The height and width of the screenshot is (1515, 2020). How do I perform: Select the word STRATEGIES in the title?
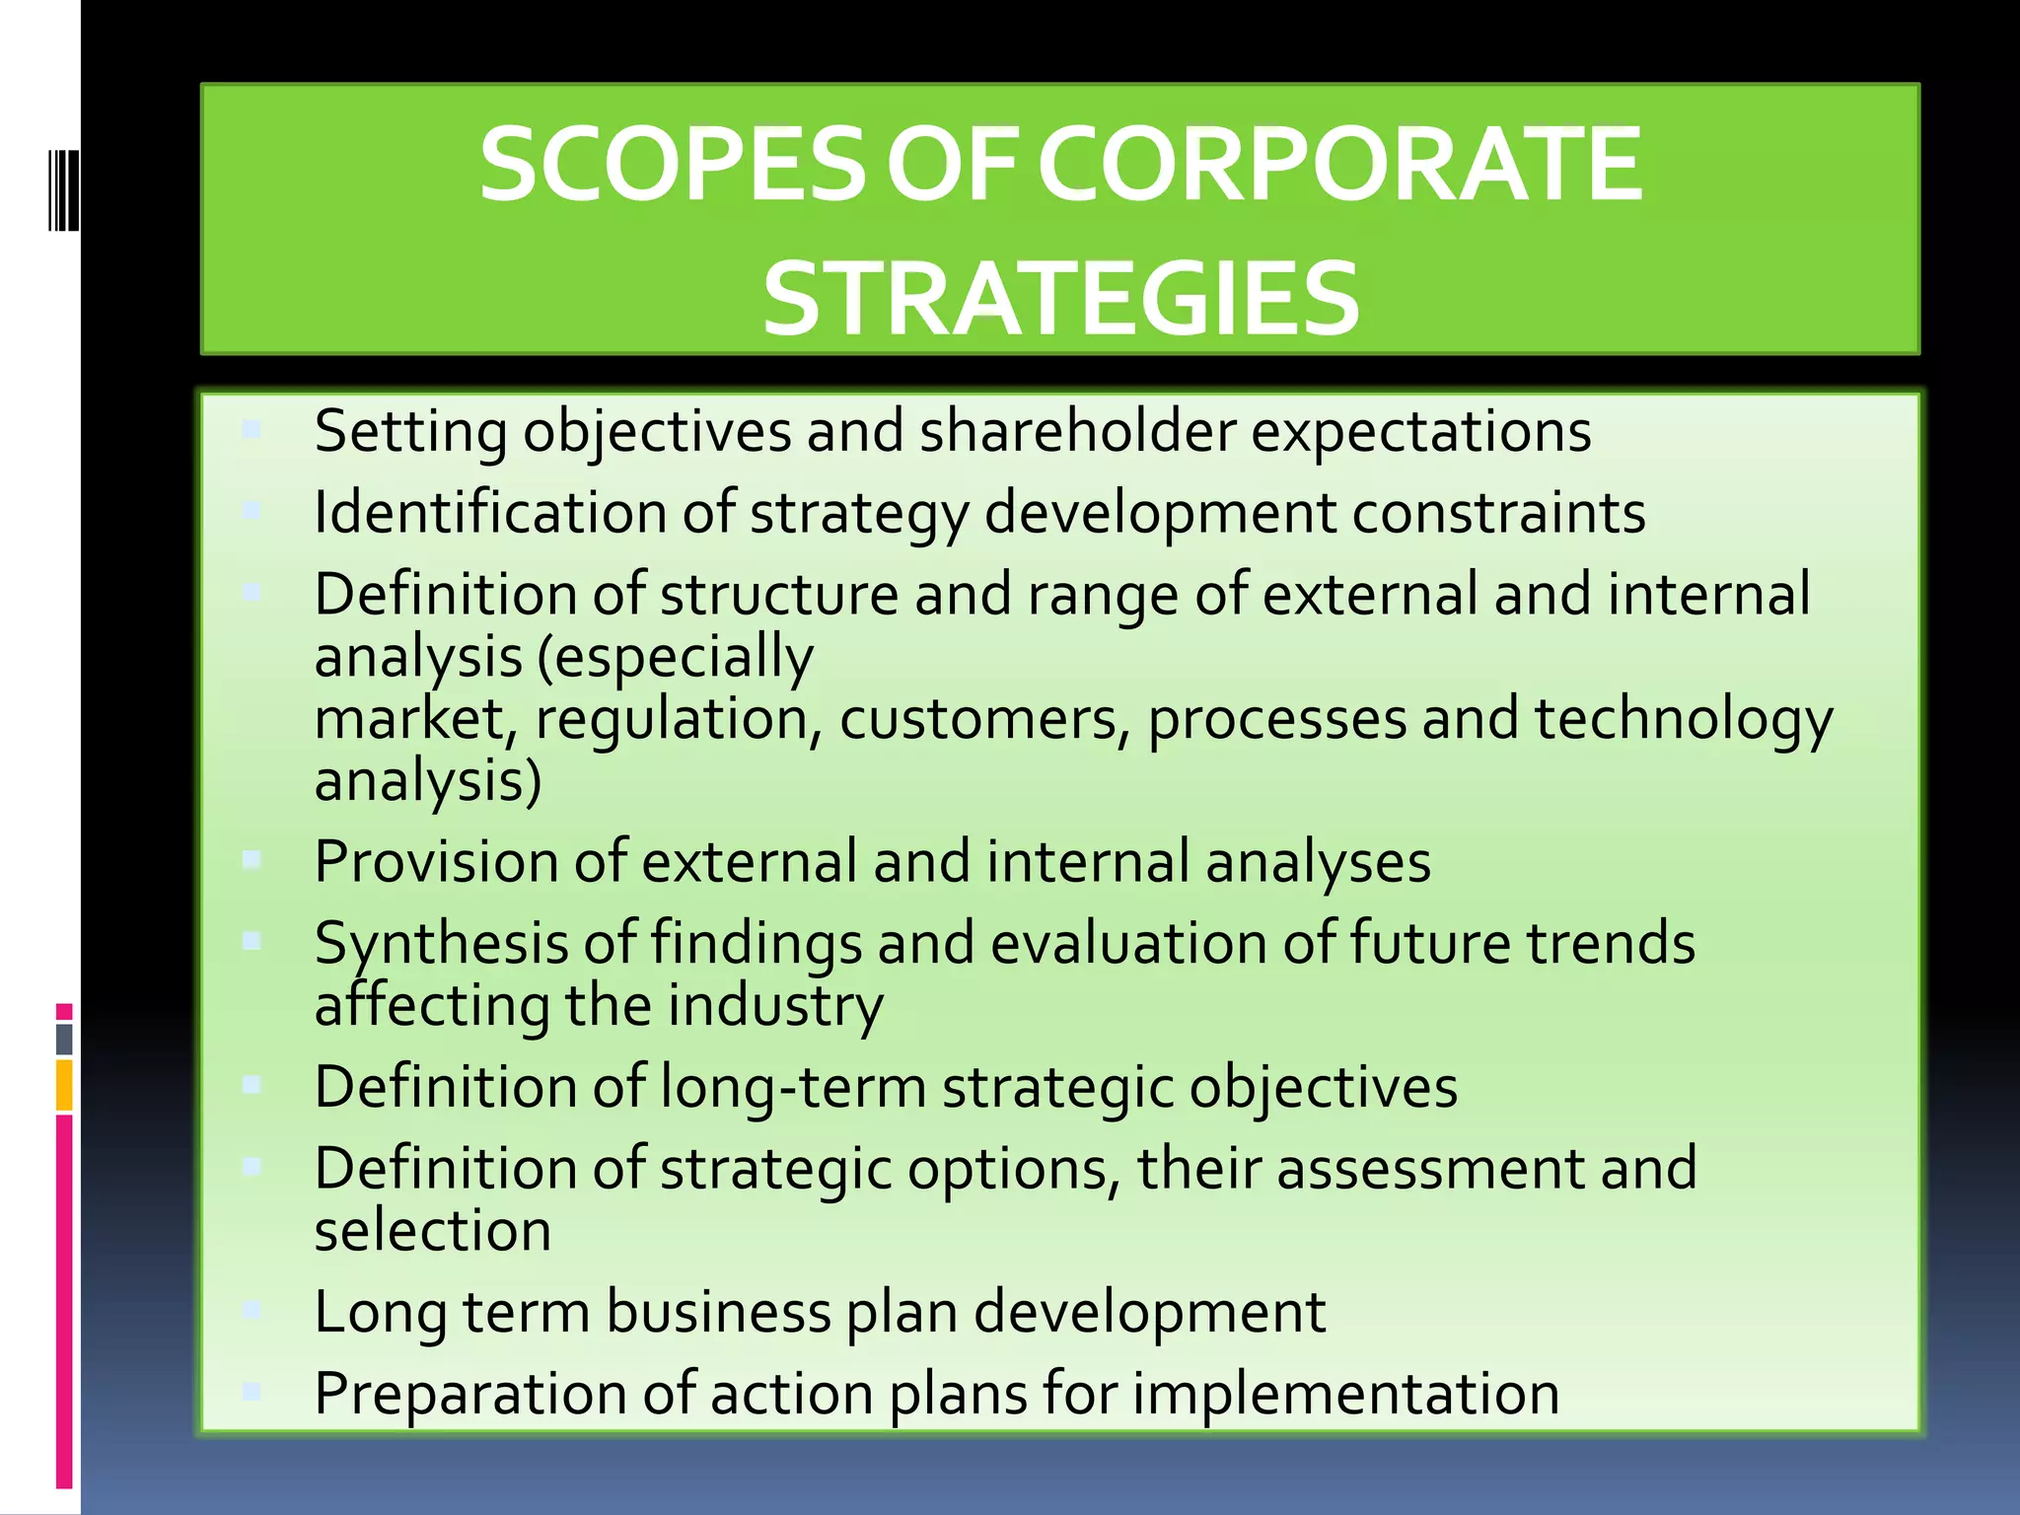point(1061,299)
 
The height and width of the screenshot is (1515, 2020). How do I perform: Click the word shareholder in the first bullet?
point(1077,432)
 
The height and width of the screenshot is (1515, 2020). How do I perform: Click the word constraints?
point(1498,513)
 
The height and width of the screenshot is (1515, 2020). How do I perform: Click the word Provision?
point(436,862)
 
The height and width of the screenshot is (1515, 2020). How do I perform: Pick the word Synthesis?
point(441,944)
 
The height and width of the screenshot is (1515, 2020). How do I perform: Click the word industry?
point(775,1006)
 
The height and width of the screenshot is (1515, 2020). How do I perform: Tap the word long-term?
point(793,1087)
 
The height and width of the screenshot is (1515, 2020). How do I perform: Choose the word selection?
point(433,1231)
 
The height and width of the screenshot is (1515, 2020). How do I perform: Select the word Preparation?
point(470,1394)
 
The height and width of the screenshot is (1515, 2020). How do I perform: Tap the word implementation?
point(1345,1394)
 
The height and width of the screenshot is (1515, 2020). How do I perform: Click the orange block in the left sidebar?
point(64,1085)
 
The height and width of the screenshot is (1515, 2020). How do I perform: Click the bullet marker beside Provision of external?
point(252,860)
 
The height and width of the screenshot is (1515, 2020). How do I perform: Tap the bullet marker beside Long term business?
point(252,1310)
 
